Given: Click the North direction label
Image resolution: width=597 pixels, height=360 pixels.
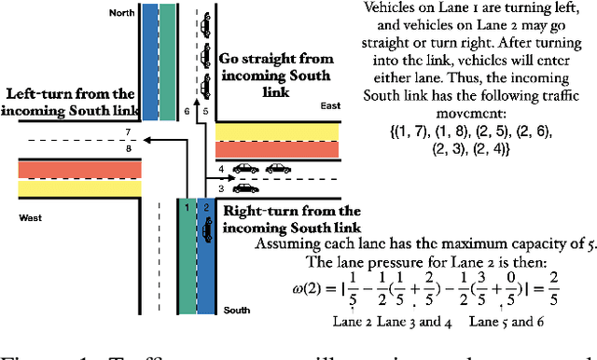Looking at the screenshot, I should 121,12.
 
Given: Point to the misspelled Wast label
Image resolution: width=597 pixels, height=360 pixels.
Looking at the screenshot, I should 32,218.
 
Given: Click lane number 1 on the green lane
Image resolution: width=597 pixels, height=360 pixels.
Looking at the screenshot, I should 187,207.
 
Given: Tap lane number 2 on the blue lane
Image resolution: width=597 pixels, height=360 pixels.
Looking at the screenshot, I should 206,207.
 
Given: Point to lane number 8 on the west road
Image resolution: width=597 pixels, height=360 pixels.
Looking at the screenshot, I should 128,146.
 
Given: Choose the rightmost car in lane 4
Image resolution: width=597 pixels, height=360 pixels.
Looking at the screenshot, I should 277,169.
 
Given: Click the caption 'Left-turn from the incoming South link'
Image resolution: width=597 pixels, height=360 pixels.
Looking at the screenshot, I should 72,104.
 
